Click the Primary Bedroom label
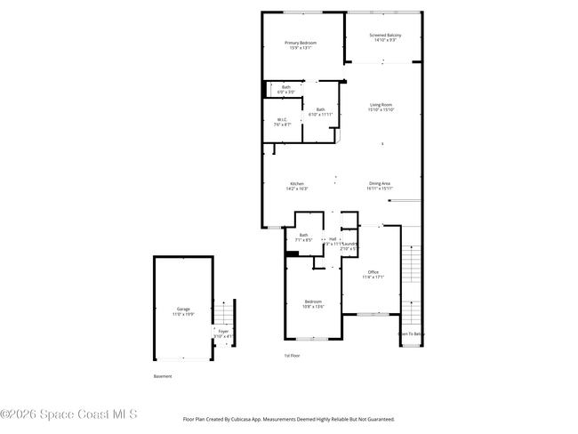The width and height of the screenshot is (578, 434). (x=301, y=45)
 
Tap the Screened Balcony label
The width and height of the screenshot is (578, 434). (x=385, y=37)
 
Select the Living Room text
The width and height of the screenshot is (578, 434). (x=381, y=107)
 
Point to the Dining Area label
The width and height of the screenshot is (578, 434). (x=380, y=186)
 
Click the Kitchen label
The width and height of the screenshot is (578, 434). (x=296, y=186)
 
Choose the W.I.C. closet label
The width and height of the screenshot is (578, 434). (x=282, y=122)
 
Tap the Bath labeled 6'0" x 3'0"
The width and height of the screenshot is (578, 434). (x=286, y=89)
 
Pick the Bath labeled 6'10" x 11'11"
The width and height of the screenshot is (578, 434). (x=320, y=112)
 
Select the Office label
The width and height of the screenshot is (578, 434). (x=373, y=274)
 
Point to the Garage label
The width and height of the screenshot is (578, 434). (x=183, y=311)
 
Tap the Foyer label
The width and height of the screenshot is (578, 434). (x=223, y=334)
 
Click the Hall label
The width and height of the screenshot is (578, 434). (x=333, y=239)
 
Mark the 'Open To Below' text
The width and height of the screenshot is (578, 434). (x=411, y=334)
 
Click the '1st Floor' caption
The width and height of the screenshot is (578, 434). (x=293, y=355)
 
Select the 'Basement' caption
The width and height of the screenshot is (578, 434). (x=163, y=376)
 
